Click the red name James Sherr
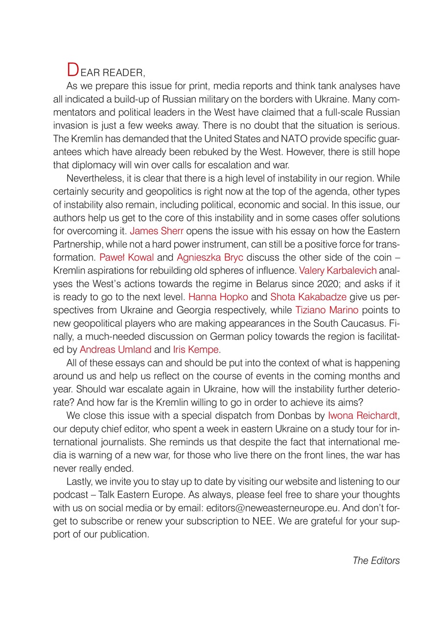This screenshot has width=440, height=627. tap(156, 230)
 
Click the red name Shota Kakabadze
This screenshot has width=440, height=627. tap(308, 296)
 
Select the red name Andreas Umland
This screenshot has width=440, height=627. tap(116, 349)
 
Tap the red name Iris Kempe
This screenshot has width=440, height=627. tap(195, 349)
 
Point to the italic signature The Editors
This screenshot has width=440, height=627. tap(376, 561)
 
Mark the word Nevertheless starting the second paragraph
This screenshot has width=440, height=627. tap(93, 177)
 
